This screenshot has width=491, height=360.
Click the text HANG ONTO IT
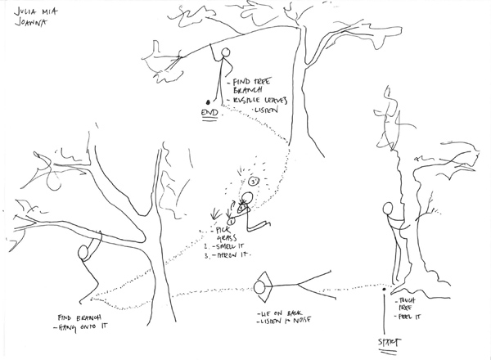[83, 327]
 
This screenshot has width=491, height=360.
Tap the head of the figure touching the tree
[390, 212]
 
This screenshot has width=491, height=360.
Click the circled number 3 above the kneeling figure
[255, 179]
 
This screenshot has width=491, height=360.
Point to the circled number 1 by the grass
[232, 219]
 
